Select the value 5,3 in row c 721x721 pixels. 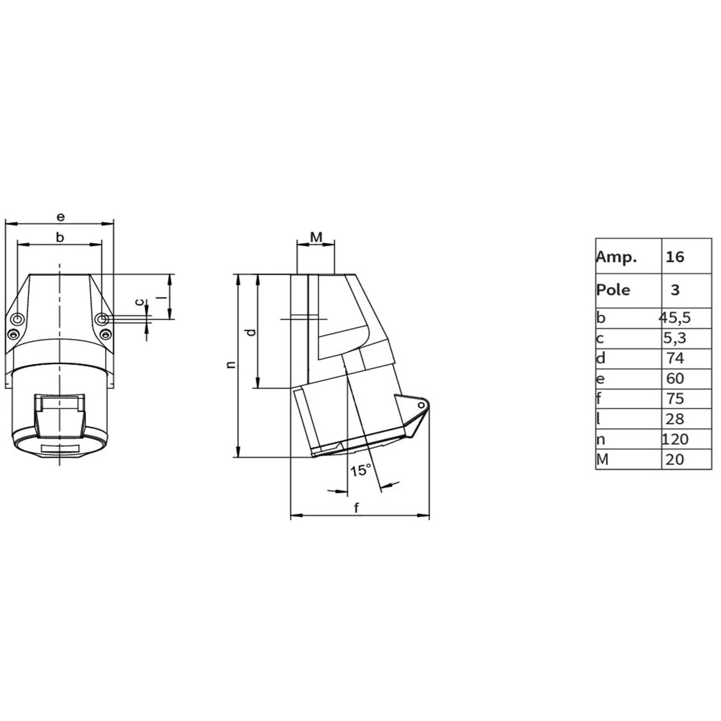point(675,338)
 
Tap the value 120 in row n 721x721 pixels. point(675,439)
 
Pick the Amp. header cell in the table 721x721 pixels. point(617,257)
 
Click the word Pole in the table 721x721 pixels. point(613,289)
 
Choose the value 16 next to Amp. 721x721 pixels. point(675,257)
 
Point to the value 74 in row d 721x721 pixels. point(675,358)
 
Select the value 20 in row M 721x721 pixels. point(675,459)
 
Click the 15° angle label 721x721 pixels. point(360,470)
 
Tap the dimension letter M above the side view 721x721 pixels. point(316,236)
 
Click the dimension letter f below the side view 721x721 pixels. point(357,507)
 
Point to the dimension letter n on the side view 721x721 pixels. point(230,365)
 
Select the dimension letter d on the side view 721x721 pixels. point(250,332)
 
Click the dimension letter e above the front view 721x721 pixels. point(60,216)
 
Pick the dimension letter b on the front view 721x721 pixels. point(60,237)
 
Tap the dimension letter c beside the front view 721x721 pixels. point(139,302)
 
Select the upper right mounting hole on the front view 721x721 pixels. point(103,319)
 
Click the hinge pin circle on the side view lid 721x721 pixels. point(420,406)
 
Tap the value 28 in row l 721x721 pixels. point(675,419)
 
